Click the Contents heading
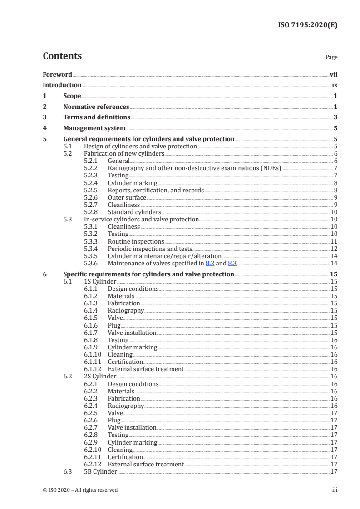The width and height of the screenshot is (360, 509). [x=62, y=56]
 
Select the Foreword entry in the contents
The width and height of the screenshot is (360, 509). [x=57, y=74]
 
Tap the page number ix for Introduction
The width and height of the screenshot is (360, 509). [x=335, y=85]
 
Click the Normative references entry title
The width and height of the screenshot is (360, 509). [x=96, y=107]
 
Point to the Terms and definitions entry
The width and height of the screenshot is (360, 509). [x=97, y=117]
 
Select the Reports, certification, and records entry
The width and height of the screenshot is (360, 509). [x=156, y=190]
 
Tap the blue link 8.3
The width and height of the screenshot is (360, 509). [x=232, y=263]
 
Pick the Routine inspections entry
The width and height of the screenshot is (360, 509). [x=136, y=241]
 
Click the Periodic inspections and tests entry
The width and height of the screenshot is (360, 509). [x=150, y=249]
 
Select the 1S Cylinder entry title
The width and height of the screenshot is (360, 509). [x=100, y=282]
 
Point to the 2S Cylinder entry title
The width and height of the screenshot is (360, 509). [x=100, y=376]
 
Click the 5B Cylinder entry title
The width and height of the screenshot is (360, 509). [x=101, y=472]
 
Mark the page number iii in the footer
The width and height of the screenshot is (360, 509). [x=335, y=490]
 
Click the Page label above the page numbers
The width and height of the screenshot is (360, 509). [x=331, y=57]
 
